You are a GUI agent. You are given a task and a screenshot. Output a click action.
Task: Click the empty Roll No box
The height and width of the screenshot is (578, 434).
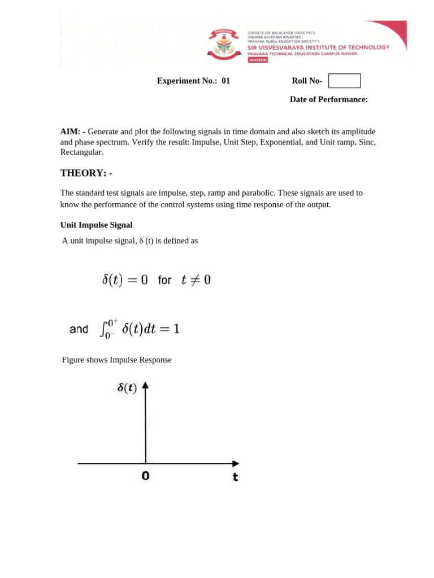point(344,81)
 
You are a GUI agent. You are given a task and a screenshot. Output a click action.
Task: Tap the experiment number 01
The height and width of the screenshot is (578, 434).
point(225,81)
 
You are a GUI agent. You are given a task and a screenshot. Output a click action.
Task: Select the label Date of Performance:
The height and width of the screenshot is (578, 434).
point(329,99)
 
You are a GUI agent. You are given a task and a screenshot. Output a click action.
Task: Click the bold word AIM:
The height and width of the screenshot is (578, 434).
point(70,131)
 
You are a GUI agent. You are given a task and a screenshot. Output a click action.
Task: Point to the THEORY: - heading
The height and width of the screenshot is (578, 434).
point(86,172)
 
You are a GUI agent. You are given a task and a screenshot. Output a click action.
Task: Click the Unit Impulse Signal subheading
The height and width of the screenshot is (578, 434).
point(96,225)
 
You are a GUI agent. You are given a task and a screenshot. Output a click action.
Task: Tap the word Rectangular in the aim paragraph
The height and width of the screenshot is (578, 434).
point(82,152)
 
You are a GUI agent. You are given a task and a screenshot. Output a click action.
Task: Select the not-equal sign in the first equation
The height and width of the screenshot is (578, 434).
point(193,279)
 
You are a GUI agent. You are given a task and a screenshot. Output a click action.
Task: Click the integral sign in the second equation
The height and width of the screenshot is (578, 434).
point(103,329)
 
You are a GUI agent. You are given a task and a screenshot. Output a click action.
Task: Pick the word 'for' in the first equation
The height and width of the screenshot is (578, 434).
point(164,280)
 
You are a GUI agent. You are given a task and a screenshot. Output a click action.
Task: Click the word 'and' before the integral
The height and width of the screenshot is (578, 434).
point(79,329)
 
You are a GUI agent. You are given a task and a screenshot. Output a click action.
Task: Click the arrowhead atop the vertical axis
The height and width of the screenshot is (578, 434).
point(146,386)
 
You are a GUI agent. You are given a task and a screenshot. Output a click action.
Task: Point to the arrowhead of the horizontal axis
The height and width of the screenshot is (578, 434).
point(236,464)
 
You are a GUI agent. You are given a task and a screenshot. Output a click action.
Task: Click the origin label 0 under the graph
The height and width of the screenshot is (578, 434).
point(146,476)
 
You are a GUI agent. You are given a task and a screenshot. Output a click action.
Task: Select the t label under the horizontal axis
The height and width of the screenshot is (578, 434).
point(235,478)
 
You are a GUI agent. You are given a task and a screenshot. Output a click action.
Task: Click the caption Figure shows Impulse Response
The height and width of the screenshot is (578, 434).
point(117,360)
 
